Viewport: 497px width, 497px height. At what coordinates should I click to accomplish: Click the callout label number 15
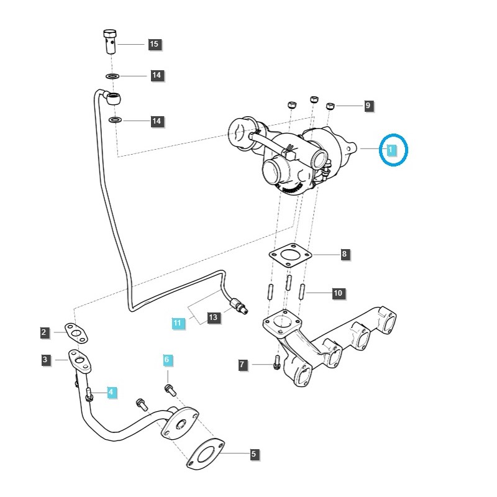154,44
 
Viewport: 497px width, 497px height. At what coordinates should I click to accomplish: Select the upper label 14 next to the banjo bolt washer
157,76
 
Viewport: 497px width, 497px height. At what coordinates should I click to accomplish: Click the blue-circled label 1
390,150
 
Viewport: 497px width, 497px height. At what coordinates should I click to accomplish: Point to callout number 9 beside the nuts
367,106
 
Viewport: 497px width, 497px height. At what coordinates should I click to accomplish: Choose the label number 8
344,254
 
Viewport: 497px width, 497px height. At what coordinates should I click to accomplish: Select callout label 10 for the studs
338,293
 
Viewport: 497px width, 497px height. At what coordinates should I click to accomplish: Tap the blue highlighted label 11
178,323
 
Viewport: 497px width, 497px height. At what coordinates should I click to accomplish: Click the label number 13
213,317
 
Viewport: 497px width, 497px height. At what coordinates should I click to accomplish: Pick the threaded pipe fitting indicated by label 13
239,305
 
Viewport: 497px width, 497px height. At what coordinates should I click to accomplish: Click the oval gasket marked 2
76,333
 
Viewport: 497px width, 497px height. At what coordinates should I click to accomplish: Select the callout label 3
45,360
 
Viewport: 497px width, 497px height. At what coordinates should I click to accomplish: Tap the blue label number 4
111,392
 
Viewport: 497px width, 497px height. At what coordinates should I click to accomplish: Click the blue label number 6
166,360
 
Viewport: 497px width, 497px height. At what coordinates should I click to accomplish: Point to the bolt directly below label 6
168,389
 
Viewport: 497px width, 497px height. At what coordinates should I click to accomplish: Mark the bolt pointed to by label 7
276,365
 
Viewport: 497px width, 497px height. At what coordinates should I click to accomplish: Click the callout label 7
243,365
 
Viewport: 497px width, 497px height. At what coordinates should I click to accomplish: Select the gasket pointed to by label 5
204,455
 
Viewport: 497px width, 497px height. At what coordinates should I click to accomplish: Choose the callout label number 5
253,455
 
